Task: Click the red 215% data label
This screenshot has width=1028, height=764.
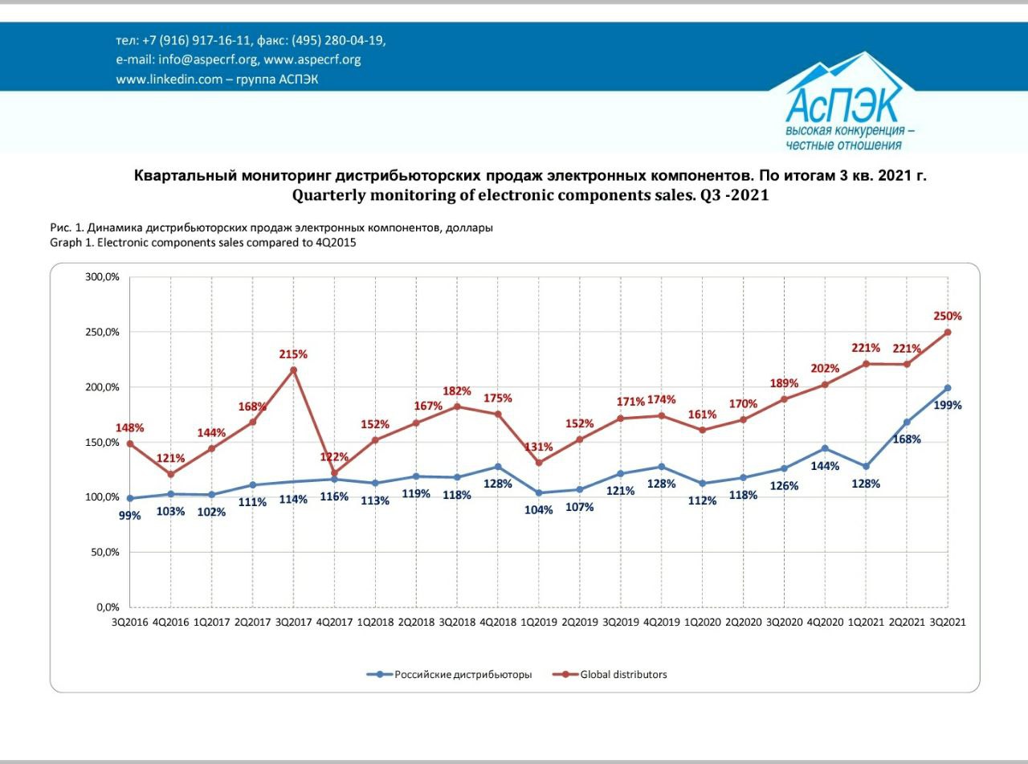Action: [x=293, y=354]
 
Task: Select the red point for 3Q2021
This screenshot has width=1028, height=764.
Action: [x=948, y=333]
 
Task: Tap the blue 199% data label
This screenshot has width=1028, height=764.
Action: [x=948, y=405]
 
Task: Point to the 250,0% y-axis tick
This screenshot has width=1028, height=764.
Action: [x=103, y=332]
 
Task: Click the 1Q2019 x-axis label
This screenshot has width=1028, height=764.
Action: [x=539, y=622]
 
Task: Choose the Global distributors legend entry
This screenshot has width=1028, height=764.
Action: [x=610, y=675]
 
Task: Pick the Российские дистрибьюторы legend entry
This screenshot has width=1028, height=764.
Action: [x=449, y=675]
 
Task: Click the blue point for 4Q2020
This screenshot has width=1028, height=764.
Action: [x=825, y=448]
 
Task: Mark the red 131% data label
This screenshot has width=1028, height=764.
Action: [x=539, y=447]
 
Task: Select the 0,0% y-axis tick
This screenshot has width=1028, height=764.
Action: [x=108, y=607]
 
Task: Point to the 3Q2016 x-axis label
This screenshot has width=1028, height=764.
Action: [x=130, y=622]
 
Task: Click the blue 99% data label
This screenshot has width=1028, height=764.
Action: [x=130, y=516]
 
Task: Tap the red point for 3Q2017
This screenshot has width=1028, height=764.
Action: [x=293, y=370]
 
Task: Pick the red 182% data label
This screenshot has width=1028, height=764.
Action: [x=457, y=390]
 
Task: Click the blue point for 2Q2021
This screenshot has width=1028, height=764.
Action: [x=907, y=423]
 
